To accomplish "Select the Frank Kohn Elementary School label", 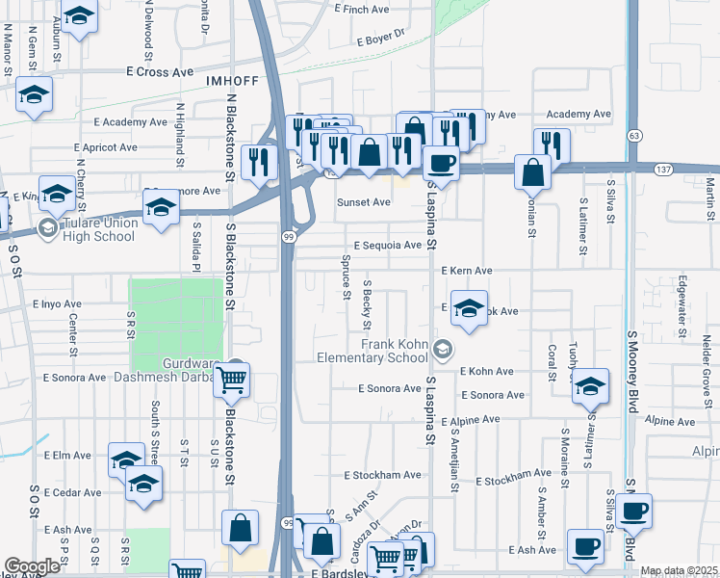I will [394, 351].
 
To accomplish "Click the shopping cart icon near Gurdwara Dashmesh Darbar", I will [232, 380].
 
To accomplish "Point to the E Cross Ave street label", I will [160, 72].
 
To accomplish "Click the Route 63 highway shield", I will [635, 134].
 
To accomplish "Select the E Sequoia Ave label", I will [387, 246].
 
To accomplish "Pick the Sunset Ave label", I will [363, 202].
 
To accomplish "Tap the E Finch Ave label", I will [362, 9].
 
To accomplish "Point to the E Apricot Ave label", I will [106, 147].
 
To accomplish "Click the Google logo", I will [33, 566].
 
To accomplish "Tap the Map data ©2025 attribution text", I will [679, 571].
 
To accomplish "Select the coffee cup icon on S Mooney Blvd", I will [634, 511].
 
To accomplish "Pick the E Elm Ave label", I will [66, 456].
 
